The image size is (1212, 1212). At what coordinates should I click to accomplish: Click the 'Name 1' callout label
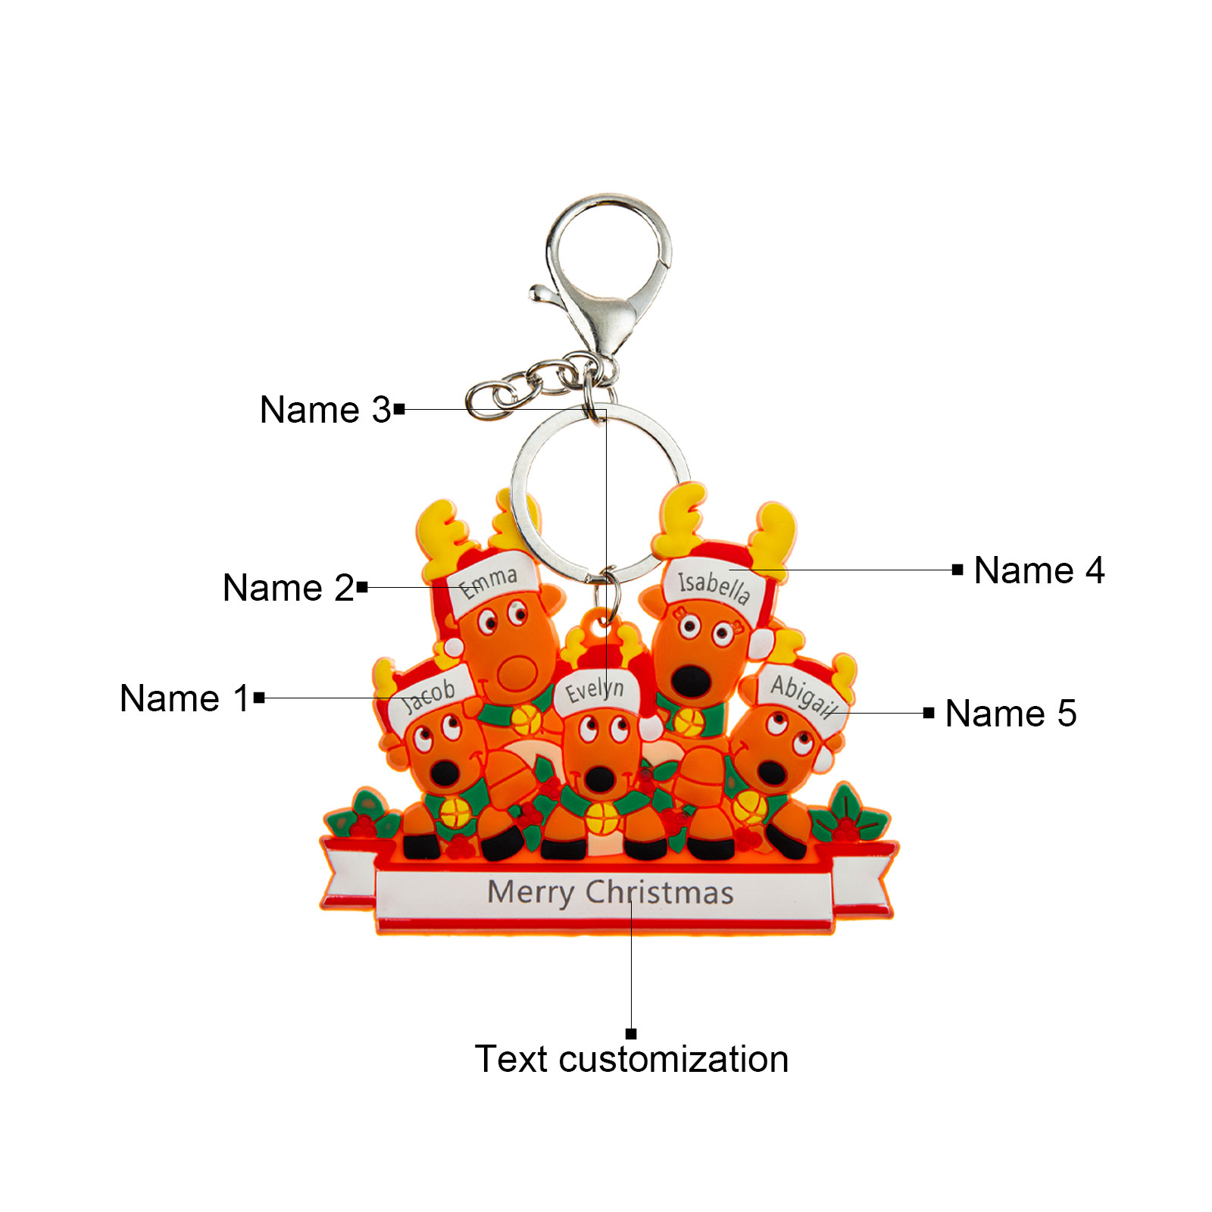(x=184, y=698)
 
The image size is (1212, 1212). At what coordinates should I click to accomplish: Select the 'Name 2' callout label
(x=288, y=587)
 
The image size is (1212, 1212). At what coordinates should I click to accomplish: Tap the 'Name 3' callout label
(x=325, y=409)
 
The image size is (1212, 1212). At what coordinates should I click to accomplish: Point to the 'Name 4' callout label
(x=1039, y=570)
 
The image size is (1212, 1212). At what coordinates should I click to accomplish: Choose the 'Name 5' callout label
(x=1011, y=713)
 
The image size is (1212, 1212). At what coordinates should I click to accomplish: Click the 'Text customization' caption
(x=632, y=1058)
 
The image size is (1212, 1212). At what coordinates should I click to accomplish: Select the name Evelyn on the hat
(x=595, y=690)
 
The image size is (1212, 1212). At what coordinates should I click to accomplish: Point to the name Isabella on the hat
(x=714, y=586)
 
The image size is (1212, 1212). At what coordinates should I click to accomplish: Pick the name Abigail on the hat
(x=804, y=695)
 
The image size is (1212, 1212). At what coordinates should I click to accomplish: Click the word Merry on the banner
(x=530, y=893)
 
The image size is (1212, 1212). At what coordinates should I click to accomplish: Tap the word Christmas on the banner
(x=660, y=892)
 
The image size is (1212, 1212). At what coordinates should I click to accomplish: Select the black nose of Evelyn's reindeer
(x=600, y=779)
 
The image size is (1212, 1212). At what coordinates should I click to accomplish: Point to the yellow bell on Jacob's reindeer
(x=455, y=814)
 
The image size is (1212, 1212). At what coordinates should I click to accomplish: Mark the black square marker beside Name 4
(x=957, y=570)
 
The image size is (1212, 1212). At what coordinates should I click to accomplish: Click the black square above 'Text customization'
(x=631, y=1034)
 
